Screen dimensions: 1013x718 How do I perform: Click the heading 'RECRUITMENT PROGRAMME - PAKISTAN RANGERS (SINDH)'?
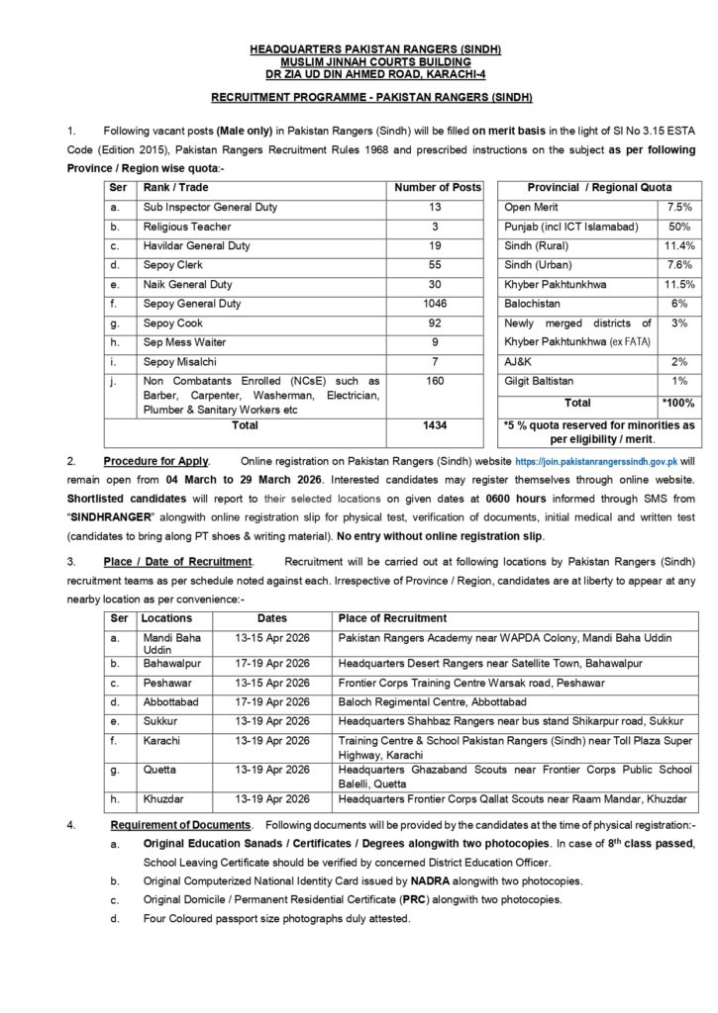372,97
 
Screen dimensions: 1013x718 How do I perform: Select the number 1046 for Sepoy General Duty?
438,304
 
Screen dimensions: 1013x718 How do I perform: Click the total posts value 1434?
438,425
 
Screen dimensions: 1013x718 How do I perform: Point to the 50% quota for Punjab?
679,227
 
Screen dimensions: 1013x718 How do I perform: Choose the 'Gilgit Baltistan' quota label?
542,382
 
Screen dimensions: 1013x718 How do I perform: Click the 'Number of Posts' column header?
438,187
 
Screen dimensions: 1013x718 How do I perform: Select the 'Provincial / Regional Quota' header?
598,187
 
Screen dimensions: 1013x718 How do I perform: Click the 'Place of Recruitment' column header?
393,618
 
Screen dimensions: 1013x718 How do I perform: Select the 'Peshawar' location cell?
166,683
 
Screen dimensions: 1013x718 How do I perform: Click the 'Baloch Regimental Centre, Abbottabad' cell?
433,701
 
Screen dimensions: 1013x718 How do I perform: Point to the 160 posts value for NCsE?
438,382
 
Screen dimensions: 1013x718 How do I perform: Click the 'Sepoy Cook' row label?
174,323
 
